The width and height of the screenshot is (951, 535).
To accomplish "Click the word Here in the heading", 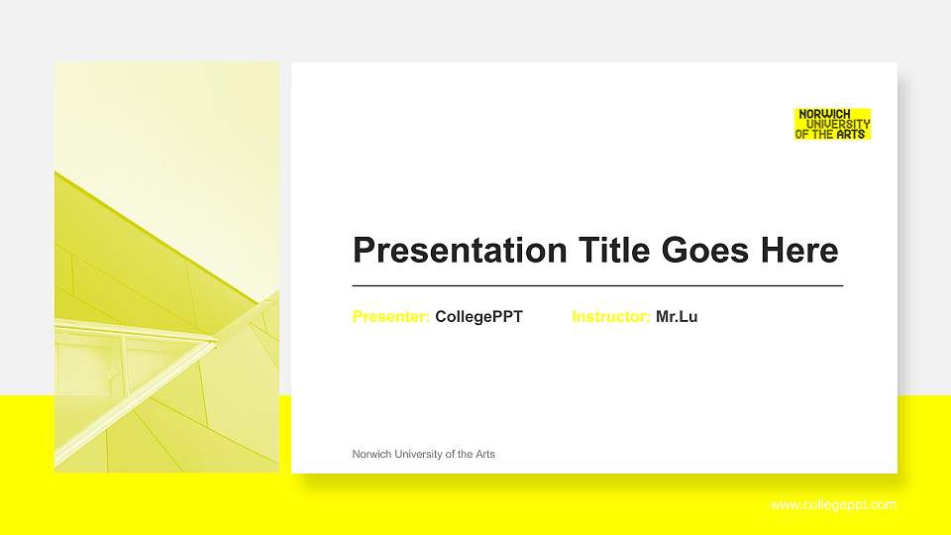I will click(799, 251).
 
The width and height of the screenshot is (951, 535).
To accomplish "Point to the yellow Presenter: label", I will click(391, 317).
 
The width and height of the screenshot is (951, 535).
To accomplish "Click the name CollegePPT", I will click(478, 317).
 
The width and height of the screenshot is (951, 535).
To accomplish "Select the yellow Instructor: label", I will click(611, 317).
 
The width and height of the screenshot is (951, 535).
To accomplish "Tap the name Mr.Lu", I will click(677, 317).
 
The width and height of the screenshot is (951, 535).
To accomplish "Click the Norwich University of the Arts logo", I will click(832, 124).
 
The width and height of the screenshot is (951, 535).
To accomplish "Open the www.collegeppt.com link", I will click(833, 505).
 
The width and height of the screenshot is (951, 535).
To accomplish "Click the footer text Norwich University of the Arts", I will click(423, 454).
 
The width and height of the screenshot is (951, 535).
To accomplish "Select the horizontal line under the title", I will click(597, 285).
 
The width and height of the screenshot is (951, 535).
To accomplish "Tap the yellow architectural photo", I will click(166, 267).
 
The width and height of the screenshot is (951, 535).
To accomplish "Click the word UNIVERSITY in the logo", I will click(839, 124).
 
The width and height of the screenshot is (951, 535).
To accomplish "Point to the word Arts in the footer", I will click(483, 454).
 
